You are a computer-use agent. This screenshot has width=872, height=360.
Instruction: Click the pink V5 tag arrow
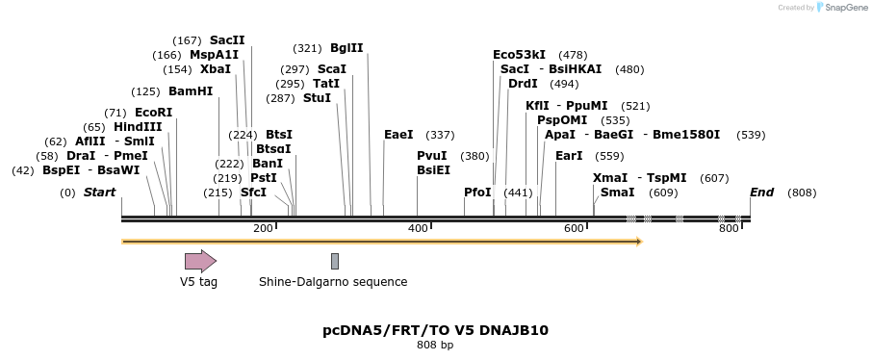pyautogui.click(x=200, y=261)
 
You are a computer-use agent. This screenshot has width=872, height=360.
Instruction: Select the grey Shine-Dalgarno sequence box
pyautogui.click(x=335, y=261)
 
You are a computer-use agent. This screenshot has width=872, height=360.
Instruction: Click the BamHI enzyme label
pyautogui.click(x=191, y=91)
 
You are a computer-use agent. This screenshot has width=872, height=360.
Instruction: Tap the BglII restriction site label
pyautogui.click(x=346, y=48)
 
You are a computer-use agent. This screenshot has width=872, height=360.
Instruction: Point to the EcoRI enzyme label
pyautogui.click(x=154, y=113)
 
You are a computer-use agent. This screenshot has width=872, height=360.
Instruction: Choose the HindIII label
pyautogui.click(x=138, y=127)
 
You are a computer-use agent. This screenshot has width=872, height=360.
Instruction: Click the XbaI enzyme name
pyautogui.click(x=216, y=69)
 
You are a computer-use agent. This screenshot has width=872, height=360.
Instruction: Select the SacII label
pyautogui.click(x=227, y=40)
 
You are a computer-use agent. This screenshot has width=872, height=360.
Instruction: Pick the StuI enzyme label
pyautogui.click(x=317, y=98)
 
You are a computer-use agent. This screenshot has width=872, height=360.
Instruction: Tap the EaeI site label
pyautogui.click(x=398, y=135)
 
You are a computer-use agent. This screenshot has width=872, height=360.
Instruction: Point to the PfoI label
pyautogui.click(x=477, y=193)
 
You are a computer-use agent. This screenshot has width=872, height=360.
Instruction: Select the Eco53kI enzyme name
pyautogui.click(x=519, y=55)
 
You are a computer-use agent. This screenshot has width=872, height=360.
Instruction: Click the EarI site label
pyautogui.click(x=569, y=156)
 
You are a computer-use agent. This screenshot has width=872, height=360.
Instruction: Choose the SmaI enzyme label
pyautogui.click(x=617, y=193)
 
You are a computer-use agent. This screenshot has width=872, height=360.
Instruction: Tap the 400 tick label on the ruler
pyautogui.click(x=419, y=228)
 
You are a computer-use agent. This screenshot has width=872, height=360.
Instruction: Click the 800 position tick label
pyautogui.click(x=729, y=228)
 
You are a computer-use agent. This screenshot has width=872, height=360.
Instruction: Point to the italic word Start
pyautogui.click(x=99, y=193)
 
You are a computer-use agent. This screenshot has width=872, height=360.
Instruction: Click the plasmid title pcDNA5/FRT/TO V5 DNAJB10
pyautogui.click(x=435, y=330)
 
